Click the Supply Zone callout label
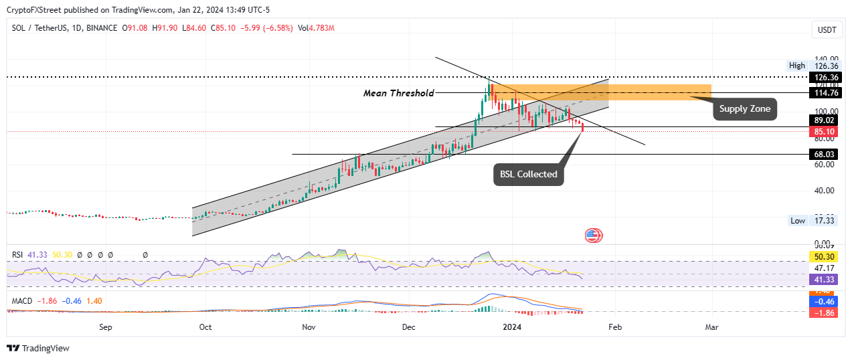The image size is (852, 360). click(x=745, y=108)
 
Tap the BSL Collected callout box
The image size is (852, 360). click(x=528, y=174)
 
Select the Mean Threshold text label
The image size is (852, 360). click(x=398, y=93)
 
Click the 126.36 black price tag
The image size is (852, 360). click(x=825, y=77)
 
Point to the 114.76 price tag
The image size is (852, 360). click(x=825, y=93)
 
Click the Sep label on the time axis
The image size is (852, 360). click(x=105, y=327)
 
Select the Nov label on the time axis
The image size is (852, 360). click(x=309, y=327)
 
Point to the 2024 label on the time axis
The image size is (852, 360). click(x=512, y=327)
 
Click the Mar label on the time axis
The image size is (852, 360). click(x=712, y=327)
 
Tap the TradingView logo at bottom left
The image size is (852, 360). click(x=38, y=348)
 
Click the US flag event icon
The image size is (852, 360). click(x=593, y=235)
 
